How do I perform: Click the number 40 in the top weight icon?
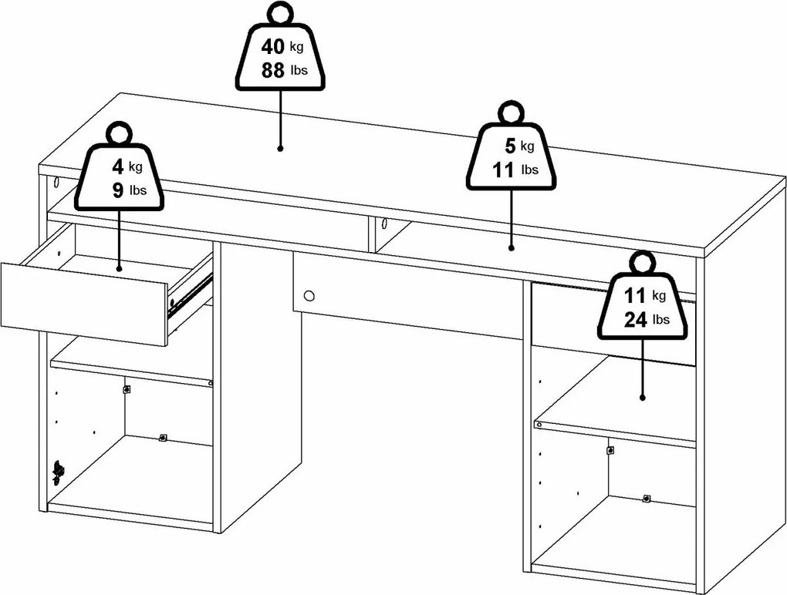pos(272,47)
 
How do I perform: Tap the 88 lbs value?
pos(272,71)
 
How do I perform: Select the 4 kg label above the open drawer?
pos(117,165)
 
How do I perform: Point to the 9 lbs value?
pos(117,190)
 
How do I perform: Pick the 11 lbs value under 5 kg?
pos(503,170)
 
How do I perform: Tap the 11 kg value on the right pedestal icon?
pos(636,295)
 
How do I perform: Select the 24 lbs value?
pos(636,320)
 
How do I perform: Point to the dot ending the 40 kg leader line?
pos(280,146)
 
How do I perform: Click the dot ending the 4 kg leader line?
pos(119,268)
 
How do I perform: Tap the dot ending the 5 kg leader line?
pos(511,247)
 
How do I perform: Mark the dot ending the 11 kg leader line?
pos(642,398)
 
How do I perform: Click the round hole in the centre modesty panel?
pos(309,295)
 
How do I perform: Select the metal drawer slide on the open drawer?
pos(190,295)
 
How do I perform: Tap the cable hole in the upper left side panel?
pos(58,186)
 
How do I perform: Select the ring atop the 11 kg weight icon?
pos(641,262)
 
